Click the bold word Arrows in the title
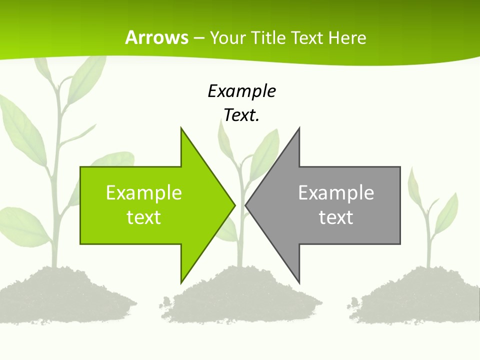point(156,37)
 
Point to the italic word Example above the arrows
point(241,91)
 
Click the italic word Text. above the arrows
point(241,115)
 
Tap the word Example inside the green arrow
point(144,192)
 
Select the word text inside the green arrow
point(144,217)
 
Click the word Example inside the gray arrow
point(336,192)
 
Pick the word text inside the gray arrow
point(336,217)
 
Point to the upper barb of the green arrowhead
point(182,132)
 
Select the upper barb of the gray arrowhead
point(298,132)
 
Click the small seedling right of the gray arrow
point(430,215)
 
